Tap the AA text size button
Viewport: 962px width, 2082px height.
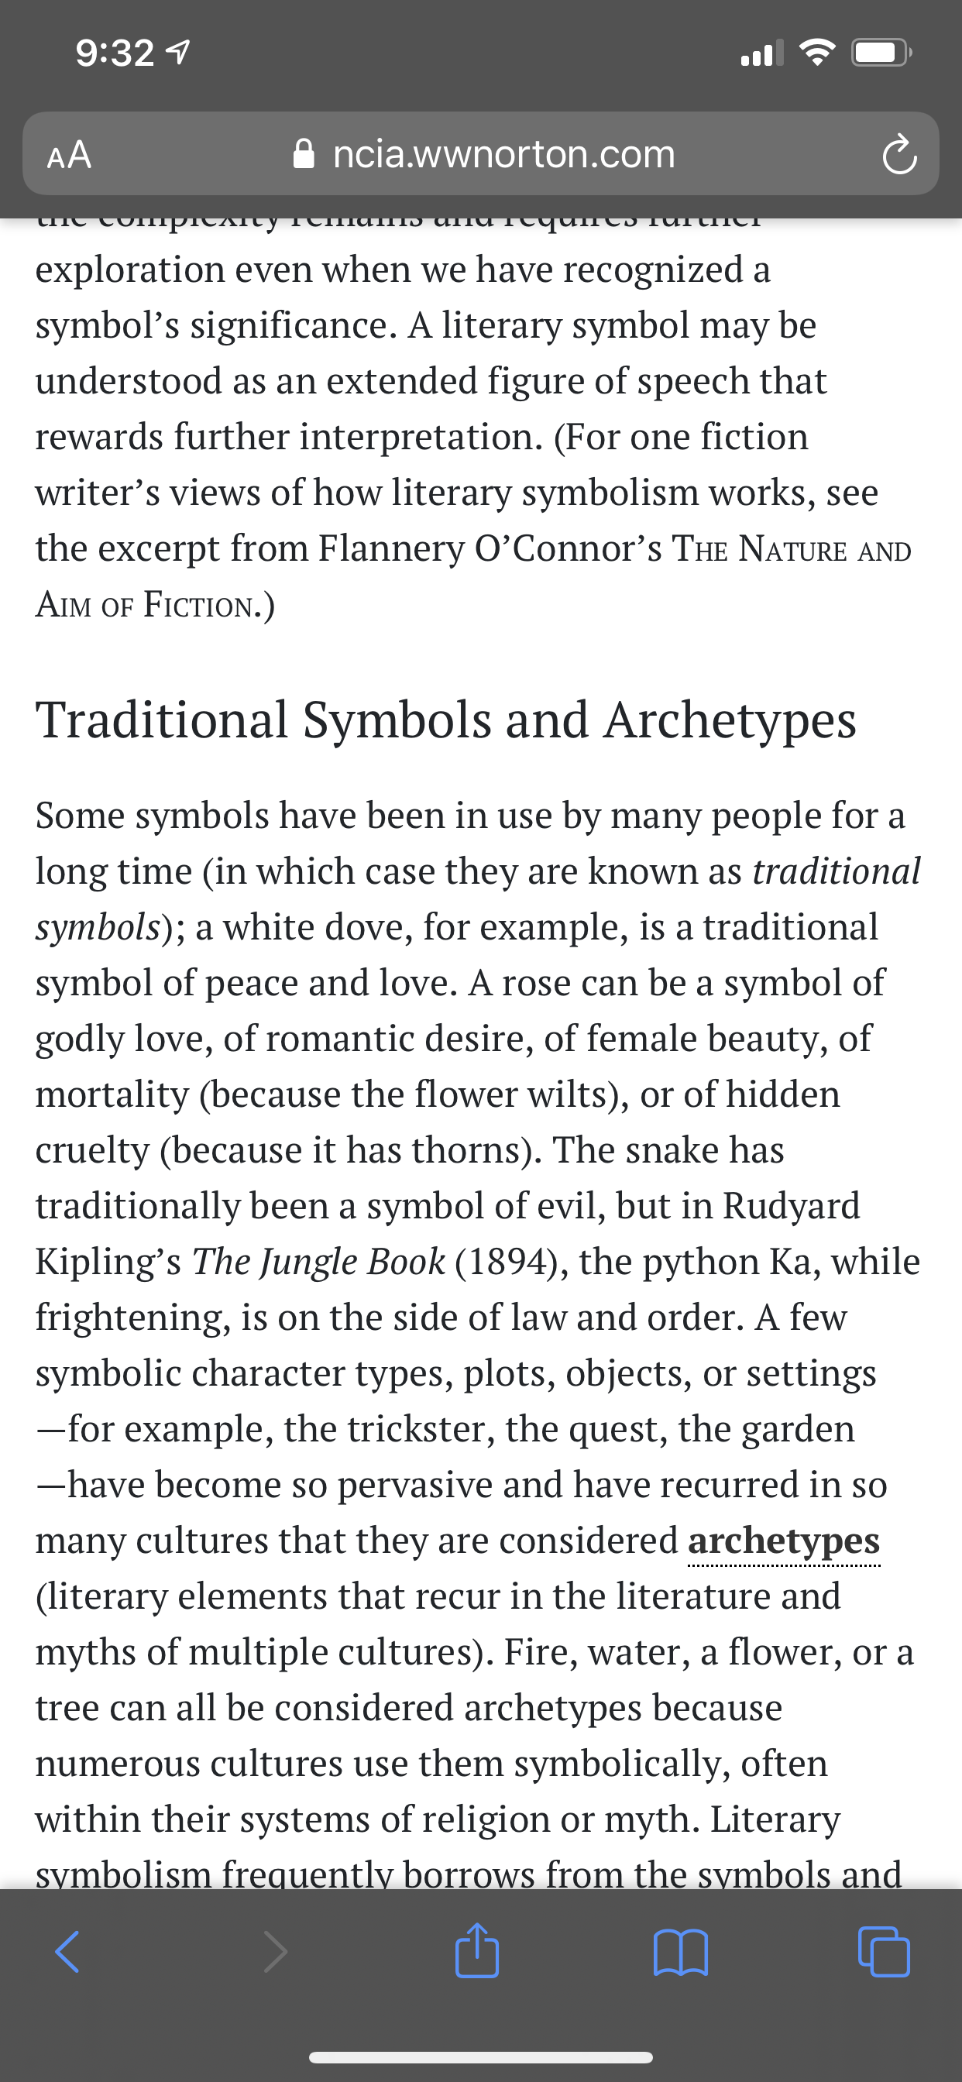[70, 154]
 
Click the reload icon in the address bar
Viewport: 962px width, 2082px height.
[899, 155]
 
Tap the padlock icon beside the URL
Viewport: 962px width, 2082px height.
[304, 153]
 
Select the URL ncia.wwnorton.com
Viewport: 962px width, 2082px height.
[503, 153]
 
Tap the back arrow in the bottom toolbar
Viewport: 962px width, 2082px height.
[67, 1953]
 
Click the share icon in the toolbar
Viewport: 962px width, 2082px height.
[477, 1951]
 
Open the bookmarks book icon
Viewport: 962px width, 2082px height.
[681, 1953]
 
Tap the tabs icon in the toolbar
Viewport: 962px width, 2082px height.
[884, 1953]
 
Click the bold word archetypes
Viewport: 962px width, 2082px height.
[783, 1541]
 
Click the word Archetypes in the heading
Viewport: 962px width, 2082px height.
[729, 720]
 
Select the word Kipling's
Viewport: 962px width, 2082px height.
[108, 1262]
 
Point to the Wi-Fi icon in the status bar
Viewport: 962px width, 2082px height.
[817, 53]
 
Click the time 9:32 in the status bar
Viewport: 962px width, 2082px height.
[115, 53]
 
